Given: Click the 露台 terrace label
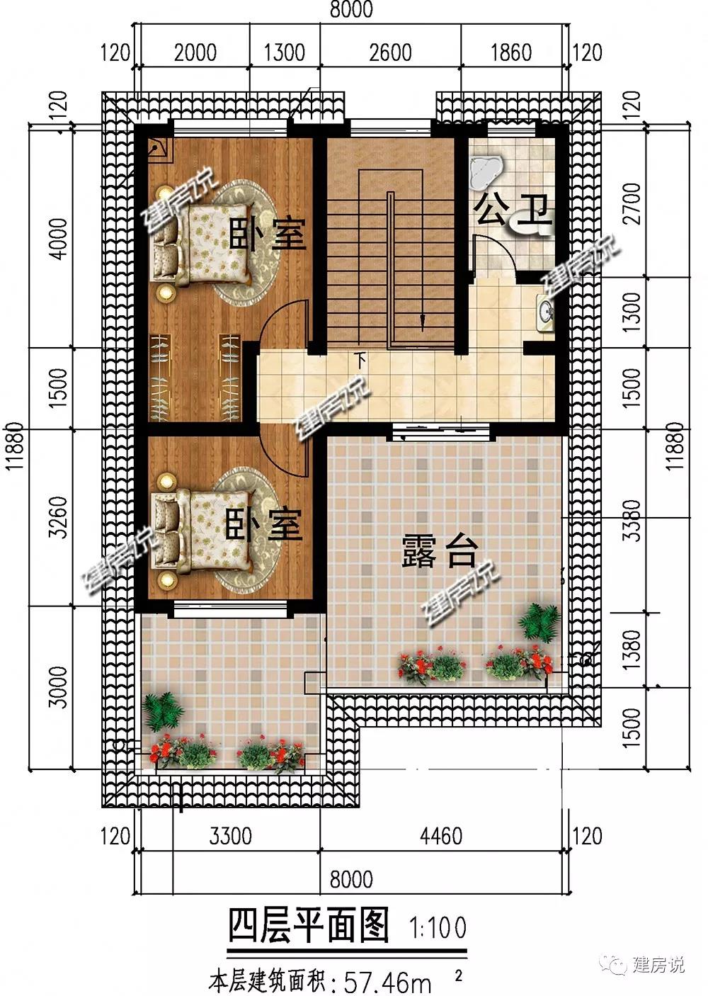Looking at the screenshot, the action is (439, 551).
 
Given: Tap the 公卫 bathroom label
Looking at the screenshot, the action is (513, 210).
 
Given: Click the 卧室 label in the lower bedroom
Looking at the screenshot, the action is (264, 525).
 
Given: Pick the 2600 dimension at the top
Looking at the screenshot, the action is (390, 52).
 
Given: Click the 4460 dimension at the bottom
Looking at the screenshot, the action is (441, 836).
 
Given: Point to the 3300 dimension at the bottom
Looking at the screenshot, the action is (231, 836).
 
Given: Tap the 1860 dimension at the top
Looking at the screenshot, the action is (511, 52).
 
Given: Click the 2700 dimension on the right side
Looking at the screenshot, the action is (632, 203).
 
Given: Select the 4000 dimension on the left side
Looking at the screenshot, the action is (58, 238).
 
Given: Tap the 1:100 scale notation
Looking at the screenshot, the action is (438, 927).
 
